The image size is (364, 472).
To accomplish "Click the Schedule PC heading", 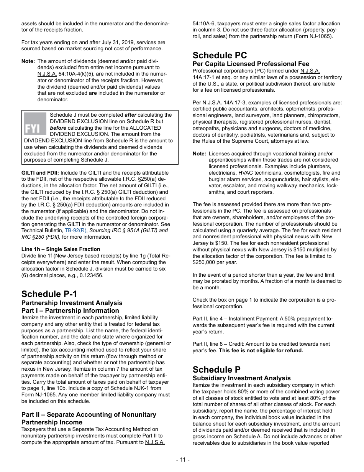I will (x=220, y=55).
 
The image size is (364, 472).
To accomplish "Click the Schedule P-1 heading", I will (x=49, y=294).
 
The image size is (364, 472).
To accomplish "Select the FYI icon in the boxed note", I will (x=35, y=124).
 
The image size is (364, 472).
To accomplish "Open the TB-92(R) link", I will (x=75, y=231).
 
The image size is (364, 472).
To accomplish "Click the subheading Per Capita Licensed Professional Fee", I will (x=251, y=64).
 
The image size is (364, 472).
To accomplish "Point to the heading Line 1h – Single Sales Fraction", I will (x=61, y=249).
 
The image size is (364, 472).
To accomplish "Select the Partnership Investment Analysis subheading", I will (x=72, y=303).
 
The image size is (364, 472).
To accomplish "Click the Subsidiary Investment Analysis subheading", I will (x=241, y=378).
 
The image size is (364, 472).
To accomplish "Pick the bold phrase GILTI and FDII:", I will (x=40, y=173).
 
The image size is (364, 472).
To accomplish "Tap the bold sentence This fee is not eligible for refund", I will (x=261, y=350).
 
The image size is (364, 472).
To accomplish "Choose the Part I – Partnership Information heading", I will (x=70, y=311).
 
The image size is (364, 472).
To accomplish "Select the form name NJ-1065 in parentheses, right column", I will (x=320, y=36).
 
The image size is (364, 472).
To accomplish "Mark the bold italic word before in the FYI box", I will (x=58, y=128).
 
